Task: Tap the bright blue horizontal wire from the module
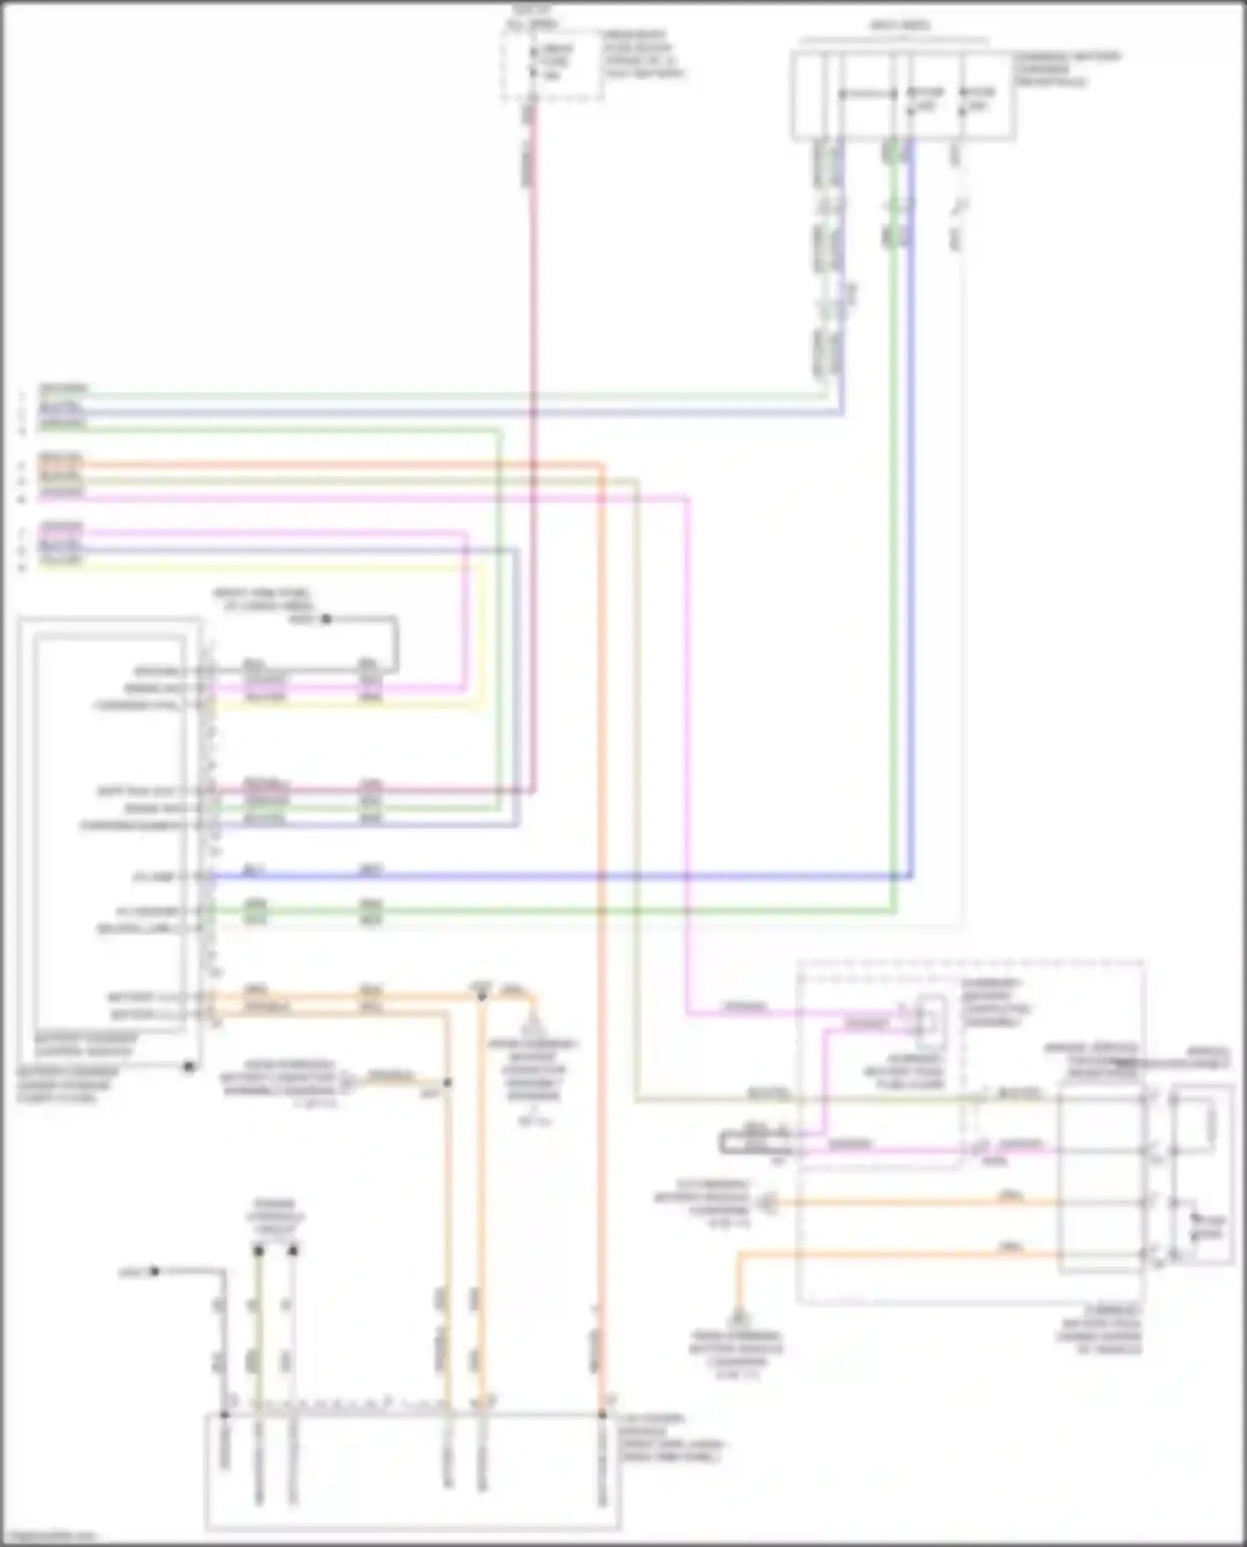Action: [582, 876]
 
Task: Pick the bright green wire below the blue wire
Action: [582, 911]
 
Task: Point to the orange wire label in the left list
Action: [62, 459]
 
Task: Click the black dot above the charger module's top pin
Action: [326, 619]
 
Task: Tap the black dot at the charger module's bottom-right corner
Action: [190, 1067]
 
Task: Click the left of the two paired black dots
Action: [259, 1249]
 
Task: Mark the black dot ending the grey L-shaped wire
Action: [154, 1271]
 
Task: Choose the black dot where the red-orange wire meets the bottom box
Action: [603, 1414]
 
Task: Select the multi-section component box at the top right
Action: [902, 96]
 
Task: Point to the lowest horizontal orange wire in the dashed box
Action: [898, 1254]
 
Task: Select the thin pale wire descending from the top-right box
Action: [960, 582]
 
